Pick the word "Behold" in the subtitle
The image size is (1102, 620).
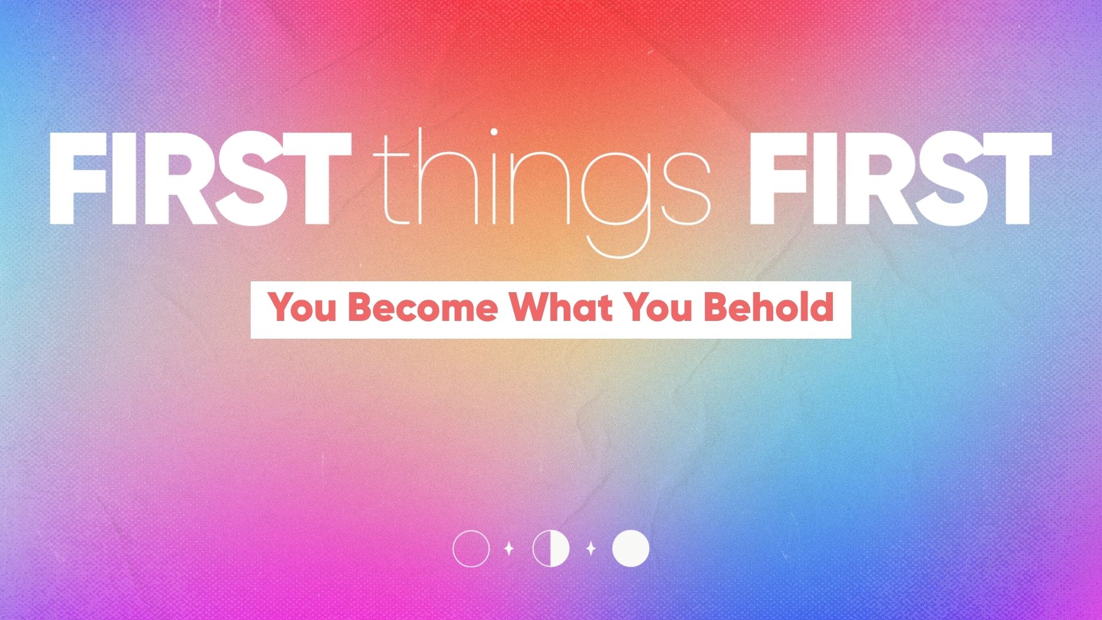(769, 308)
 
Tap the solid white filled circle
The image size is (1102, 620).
(631, 549)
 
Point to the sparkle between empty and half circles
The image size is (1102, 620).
(509, 549)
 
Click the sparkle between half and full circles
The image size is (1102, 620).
(591, 549)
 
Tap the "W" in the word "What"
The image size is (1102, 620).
(527, 308)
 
